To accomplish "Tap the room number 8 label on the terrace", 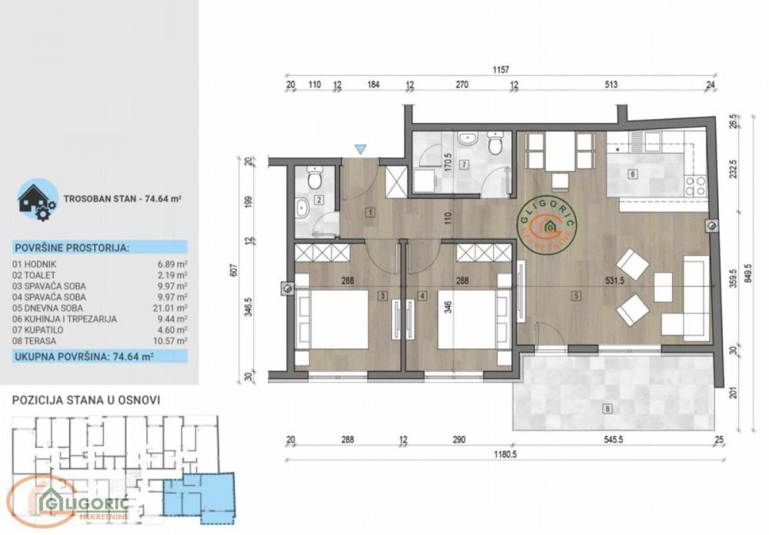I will click(x=608, y=410).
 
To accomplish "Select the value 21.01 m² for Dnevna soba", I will click(x=171, y=309).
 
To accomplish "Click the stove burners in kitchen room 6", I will click(x=694, y=185).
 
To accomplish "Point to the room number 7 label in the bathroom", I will click(x=464, y=164).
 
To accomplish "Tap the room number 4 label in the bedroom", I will click(x=422, y=294).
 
